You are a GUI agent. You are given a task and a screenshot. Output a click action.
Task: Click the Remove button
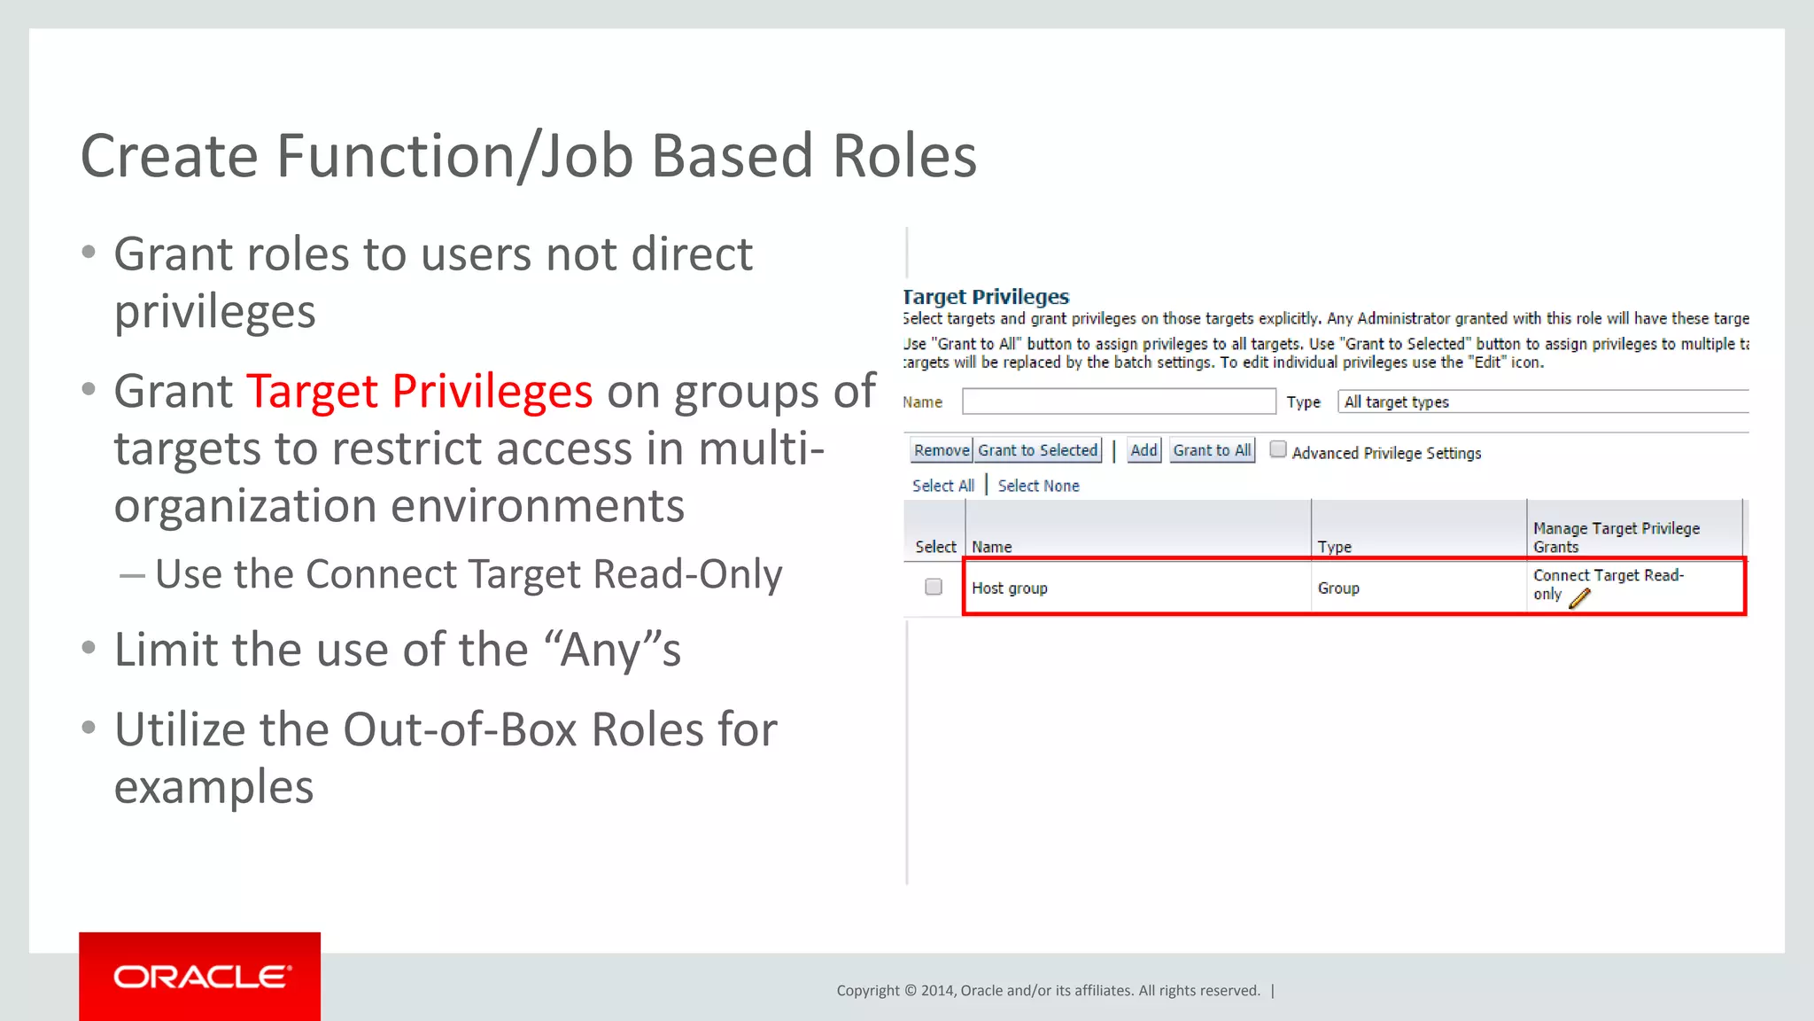tap(942, 450)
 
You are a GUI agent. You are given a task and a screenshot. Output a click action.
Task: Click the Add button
tap(1143, 450)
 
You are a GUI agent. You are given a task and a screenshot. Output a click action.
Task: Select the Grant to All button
tap(1212, 450)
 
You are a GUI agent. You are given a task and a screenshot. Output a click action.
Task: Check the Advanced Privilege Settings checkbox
tap(1278, 449)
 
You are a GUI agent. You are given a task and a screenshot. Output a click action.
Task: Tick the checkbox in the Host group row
tap(934, 587)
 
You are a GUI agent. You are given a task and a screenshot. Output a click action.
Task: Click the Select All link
tap(942, 486)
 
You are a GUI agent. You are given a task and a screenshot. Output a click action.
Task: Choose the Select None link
tap(1038, 486)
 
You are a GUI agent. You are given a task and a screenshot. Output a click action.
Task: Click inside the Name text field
tap(1119, 401)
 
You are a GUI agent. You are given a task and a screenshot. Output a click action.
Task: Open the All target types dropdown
tap(1541, 401)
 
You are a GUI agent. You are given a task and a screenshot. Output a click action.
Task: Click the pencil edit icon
tap(1579, 599)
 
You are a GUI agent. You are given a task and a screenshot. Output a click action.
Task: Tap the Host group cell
tap(1010, 588)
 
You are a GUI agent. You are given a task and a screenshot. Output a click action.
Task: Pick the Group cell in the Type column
tap(1337, 588)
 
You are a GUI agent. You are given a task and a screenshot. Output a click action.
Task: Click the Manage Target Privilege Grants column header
tap(1616, 537)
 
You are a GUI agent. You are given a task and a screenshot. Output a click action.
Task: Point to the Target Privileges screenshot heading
tap(986, 297)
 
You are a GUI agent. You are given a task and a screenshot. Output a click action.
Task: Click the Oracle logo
tap(200, 977)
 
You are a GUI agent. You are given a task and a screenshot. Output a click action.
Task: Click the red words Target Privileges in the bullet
tap(420, 391)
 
